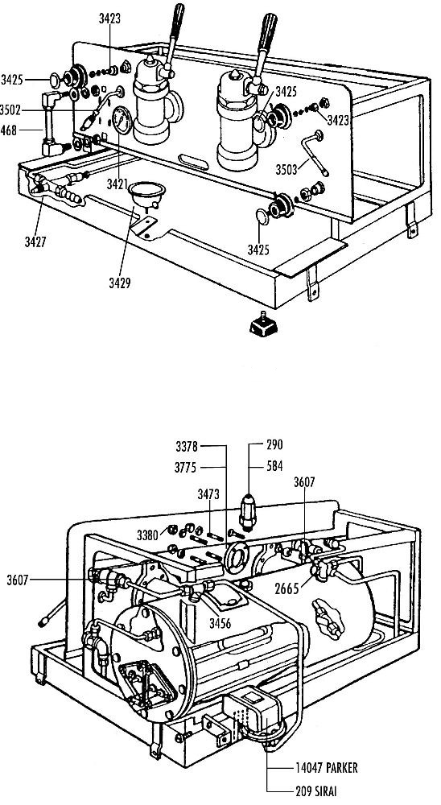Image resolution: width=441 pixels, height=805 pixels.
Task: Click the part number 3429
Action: [120, 283]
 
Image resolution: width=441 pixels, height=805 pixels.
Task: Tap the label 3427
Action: [35, 242]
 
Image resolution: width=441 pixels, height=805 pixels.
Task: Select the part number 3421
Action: [117, 184]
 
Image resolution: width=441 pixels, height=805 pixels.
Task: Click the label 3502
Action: [10, 109]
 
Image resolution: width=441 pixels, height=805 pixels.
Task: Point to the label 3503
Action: [286, 170]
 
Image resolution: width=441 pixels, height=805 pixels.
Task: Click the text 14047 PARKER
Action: [327, 767]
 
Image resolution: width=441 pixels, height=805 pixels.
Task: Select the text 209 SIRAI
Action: [317, 791]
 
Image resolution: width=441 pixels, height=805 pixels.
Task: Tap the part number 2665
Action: [286, 589]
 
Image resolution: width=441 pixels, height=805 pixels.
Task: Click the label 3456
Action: [220, 623]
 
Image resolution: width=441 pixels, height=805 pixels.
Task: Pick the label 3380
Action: [147, 535]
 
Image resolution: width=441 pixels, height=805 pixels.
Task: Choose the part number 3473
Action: [208, 494]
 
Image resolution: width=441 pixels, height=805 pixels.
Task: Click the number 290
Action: [274, 444]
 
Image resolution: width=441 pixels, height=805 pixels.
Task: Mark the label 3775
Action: [187, 467]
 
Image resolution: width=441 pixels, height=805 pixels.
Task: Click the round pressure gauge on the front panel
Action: [122, 120]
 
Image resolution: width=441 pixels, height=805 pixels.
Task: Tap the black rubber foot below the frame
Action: [263, 325]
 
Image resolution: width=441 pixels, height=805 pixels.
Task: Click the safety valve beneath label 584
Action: [248, 512]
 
